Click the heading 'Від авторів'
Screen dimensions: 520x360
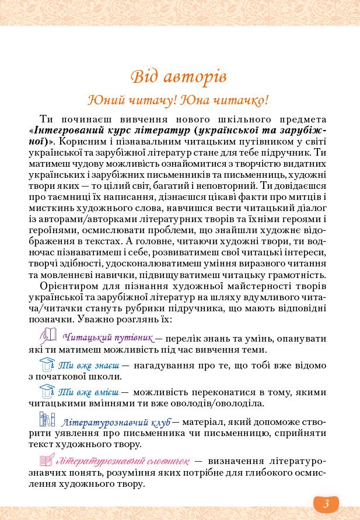178,76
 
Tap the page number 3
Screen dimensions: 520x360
326,503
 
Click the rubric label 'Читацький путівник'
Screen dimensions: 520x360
107,337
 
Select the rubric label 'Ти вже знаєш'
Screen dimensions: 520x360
89,366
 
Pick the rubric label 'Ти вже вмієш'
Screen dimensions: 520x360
89,392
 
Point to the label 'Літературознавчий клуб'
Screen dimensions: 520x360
116,421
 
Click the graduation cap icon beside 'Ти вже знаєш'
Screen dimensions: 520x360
47,364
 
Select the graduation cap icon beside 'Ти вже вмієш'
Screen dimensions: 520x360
47,391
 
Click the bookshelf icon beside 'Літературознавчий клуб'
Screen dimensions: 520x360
47,420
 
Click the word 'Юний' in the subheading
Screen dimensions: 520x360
103,100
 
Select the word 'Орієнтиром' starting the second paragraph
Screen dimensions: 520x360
68,286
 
